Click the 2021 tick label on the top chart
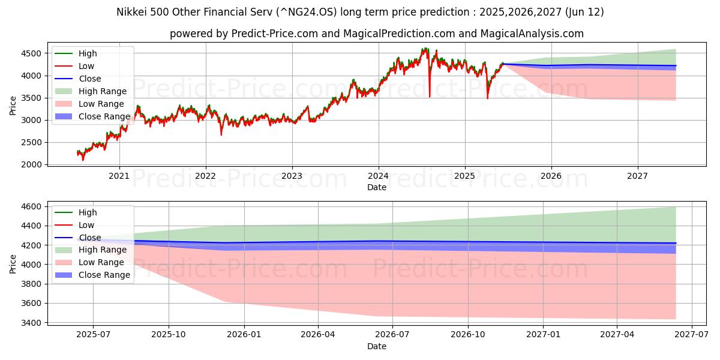[119, 175]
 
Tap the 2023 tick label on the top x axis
[292, 175]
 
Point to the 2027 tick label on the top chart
[637, 175]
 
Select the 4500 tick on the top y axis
[34, 53]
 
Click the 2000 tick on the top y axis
[34, 164]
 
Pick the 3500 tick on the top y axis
[34, 98]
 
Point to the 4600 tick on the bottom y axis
[34, 206]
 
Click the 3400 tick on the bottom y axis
[34, 323]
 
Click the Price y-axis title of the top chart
[13, 106]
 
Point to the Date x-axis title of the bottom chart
[377, 346]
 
